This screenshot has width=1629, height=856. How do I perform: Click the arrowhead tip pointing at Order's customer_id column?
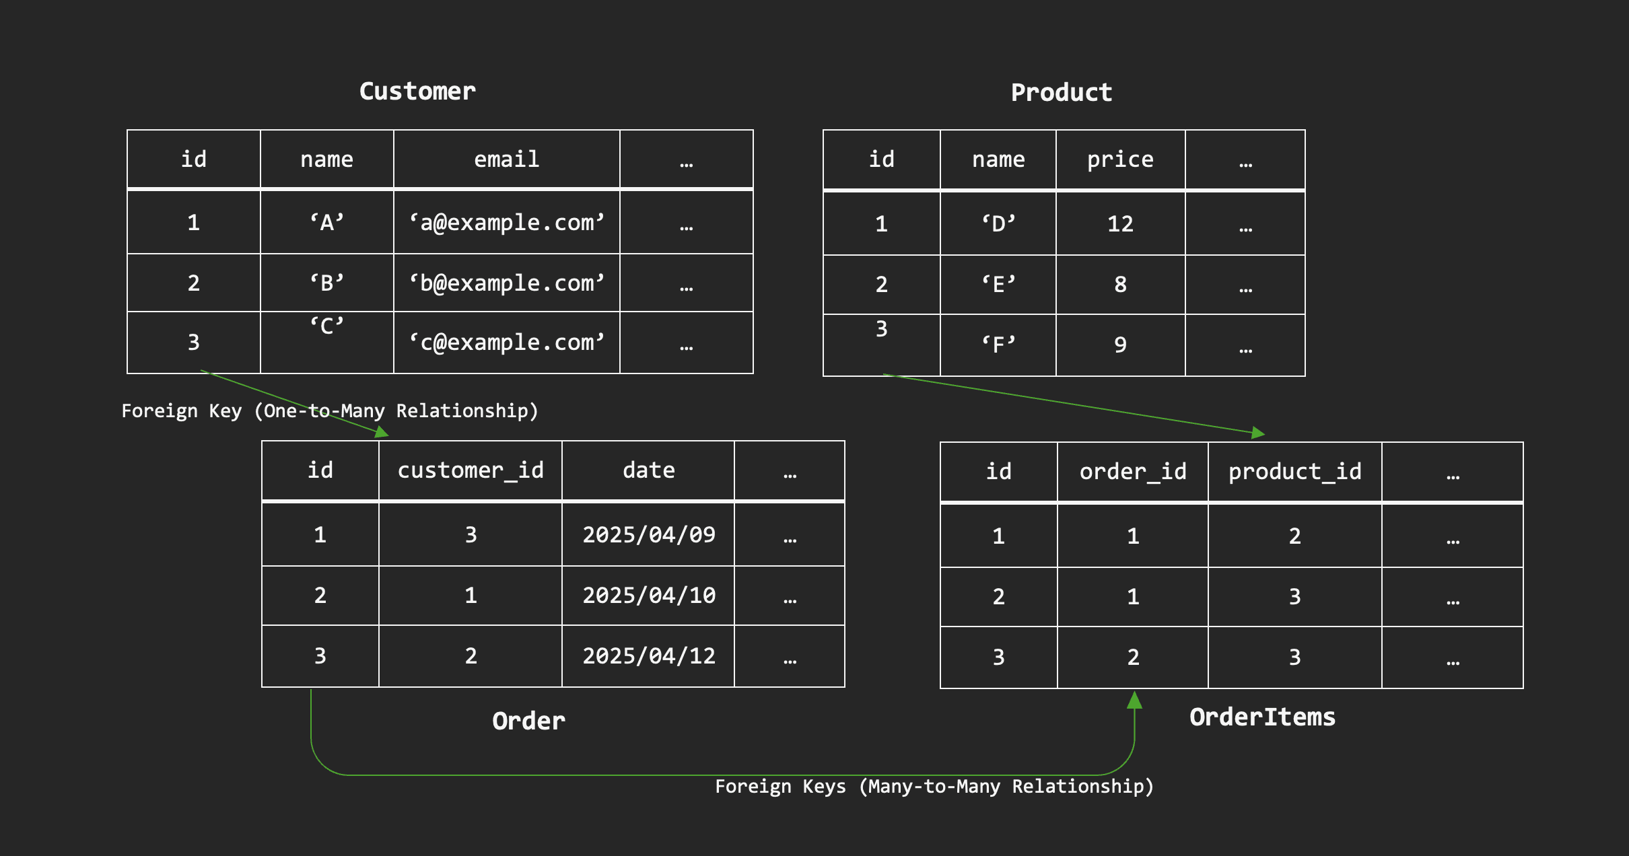(389, 436)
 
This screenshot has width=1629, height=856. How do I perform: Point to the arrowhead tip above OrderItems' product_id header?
(1266, 434)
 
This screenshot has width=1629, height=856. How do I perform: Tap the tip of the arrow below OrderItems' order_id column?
(1134, 691)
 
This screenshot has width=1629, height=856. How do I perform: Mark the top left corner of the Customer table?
(127, 130)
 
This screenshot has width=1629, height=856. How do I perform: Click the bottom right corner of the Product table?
(1305, 376)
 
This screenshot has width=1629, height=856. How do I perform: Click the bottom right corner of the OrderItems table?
(1523, 688)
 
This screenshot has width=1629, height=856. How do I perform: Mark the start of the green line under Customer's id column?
(201, 371)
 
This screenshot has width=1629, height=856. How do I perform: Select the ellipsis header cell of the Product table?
(1245, 160)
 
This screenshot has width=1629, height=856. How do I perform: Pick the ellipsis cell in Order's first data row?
(790, 534)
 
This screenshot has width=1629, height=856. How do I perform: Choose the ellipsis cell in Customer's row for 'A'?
(686, 223)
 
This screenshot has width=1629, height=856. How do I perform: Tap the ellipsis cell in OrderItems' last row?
(1453, 657)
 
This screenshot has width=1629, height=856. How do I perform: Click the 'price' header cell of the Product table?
(1121, 160)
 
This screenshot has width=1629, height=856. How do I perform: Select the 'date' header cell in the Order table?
(648, 470)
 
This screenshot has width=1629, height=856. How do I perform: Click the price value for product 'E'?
(1120, 284)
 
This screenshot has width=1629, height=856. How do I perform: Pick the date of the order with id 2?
(649, 596)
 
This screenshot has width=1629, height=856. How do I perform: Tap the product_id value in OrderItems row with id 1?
(1295, 536)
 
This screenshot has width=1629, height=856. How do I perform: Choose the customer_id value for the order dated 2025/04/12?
(471, 656)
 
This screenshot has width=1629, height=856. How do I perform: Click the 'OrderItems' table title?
(1263, 717)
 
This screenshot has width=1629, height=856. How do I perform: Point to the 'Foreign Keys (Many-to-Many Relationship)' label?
(934, 786)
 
